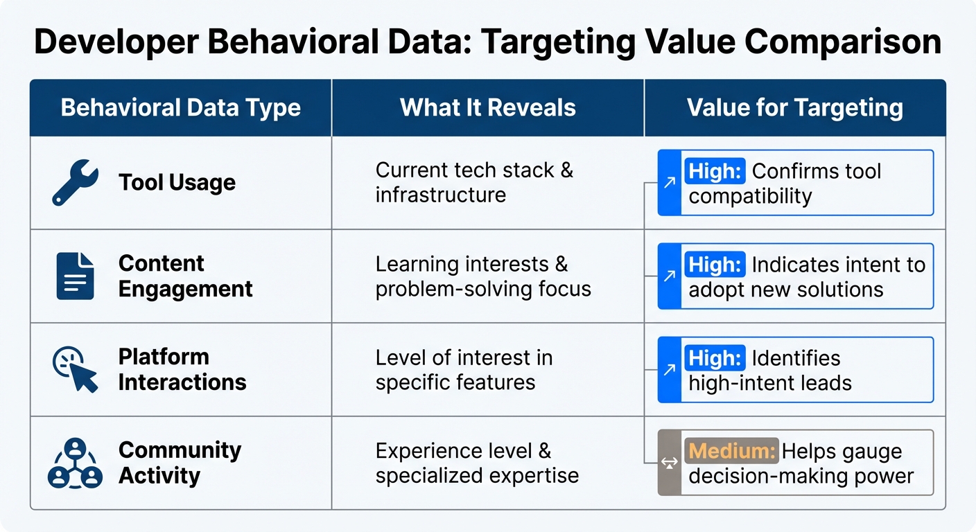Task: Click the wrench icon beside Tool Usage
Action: click(x=76, y=182)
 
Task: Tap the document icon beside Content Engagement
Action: click(x=75, y=276)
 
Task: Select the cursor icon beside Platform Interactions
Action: click(x=76, y=370)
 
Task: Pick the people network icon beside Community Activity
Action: click(x=75, y=463)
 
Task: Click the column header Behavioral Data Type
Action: click(x=180, y=108)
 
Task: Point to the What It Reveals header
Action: click(x=488, y=108)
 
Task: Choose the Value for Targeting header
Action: click(x=794, y=108)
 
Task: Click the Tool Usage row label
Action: click(x=177, y=182)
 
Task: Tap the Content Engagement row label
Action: click(x=185, y=276)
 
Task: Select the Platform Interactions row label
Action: click(x=182, y=369)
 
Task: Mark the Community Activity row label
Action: click(x=180, y=463)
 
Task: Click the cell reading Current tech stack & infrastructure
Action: click(x=474, y=182)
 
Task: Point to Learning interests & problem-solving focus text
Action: click(x=483, y=276)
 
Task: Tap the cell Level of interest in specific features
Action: click(x=464, y=369)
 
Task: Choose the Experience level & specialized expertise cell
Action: click(x=477, y=463)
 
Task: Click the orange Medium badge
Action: click(x=731, y=451)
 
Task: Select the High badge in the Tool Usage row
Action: click(x=715, y=170)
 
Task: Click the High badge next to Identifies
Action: click(x=715, y=357)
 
